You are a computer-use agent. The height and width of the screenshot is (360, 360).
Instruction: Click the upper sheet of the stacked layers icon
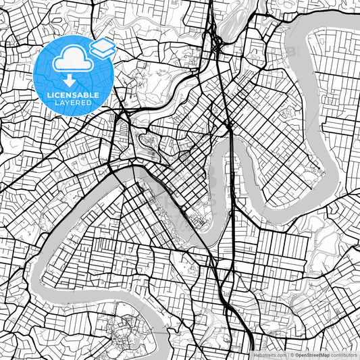[x=102, y=44]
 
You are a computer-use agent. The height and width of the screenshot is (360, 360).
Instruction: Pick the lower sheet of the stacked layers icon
[x=102, y=51]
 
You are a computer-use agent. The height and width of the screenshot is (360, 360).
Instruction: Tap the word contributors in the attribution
[x=344, y=355]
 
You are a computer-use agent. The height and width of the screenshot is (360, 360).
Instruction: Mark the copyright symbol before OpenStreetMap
[x=293, y=355]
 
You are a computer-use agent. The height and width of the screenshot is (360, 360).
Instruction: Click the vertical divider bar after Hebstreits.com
[x=287, y=355]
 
